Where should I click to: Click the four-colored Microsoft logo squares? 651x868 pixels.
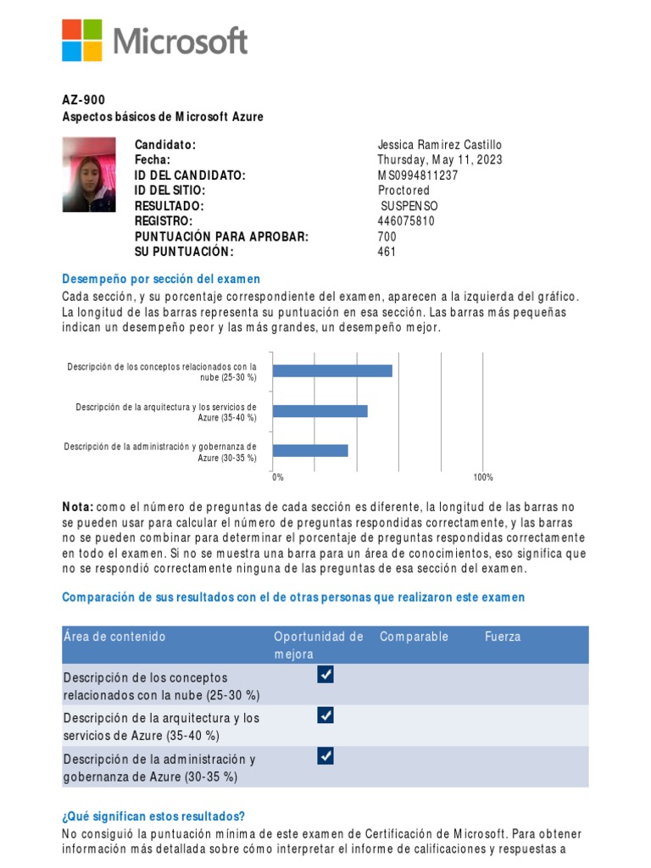pos(81,40)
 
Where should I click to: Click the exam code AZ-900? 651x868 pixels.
pos(84,100)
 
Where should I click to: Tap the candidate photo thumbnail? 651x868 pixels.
pos(88,175)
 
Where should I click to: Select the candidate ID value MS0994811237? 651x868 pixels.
pos(418,175)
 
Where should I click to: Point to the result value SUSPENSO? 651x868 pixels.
pos(410,206)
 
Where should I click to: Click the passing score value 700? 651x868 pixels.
pos(387,236)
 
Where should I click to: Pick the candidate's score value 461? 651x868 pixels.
pos(387,252)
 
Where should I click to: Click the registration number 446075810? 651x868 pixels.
pos(406,221)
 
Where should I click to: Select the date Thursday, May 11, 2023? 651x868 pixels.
pos(440,160)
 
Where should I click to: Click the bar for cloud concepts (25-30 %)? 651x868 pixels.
pos(332,370)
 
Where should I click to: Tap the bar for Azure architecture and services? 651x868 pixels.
pos(320,411)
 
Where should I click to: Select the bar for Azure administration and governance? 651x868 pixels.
pos(310,450)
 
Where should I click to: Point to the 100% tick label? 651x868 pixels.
pos(483,478)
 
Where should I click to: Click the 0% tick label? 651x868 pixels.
pos(278,478)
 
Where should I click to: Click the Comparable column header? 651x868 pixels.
pos(414,637)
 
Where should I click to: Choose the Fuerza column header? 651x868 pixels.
pos(503,637)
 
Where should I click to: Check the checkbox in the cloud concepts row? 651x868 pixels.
pos(325,675)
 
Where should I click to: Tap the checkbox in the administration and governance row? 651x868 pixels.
pos(325,756)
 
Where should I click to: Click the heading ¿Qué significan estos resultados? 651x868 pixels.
pos(153,816)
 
